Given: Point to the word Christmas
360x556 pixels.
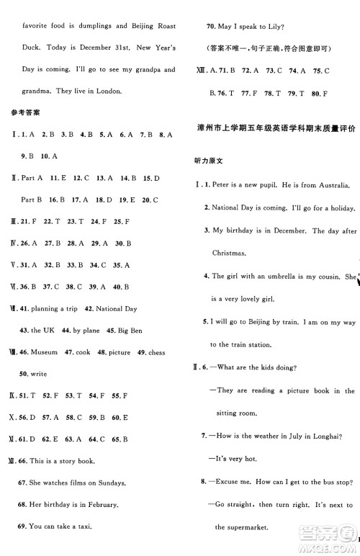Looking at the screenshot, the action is click(228, 253).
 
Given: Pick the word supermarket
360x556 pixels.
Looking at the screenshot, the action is click(240, 527).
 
